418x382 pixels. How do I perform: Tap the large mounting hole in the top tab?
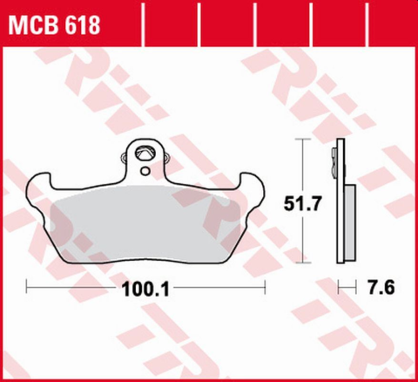145,156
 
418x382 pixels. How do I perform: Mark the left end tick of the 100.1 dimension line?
28,285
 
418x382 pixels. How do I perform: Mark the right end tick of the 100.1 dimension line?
263,285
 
